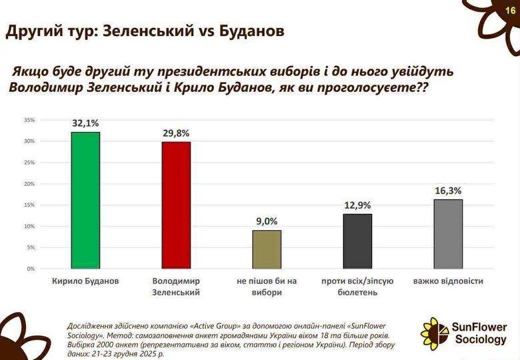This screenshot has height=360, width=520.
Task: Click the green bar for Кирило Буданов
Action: click(x=85, y=200)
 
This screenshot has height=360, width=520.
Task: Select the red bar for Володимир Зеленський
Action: click(x=176, y=205)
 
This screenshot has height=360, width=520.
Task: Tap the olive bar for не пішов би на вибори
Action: click(x=267, y=249)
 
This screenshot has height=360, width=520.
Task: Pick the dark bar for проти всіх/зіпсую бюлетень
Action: click(x=357, y=241)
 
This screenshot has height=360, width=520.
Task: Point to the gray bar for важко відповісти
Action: click(x=448, y=234)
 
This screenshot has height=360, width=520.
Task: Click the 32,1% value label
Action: click(x=85, y=124)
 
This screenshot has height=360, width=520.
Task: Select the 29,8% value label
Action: click(x=176, y=133)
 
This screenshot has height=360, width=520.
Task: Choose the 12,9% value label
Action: click(x=357, y=205)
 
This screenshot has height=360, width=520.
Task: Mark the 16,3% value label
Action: click(x=448, y=191)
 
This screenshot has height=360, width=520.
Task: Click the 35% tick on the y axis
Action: click(x=29, y=120)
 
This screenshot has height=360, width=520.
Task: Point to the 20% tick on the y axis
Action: click(x=29, y=184)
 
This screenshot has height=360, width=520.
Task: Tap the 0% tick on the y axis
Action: click(x=31, y=269)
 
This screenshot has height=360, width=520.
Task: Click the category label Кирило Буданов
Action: click(x=85, y=281)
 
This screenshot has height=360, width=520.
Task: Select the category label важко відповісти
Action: click(x=448, y=281)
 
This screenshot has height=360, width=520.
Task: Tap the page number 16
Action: click(x=510, y=10)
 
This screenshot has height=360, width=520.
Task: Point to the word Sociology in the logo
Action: click(x=481, y=339)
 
